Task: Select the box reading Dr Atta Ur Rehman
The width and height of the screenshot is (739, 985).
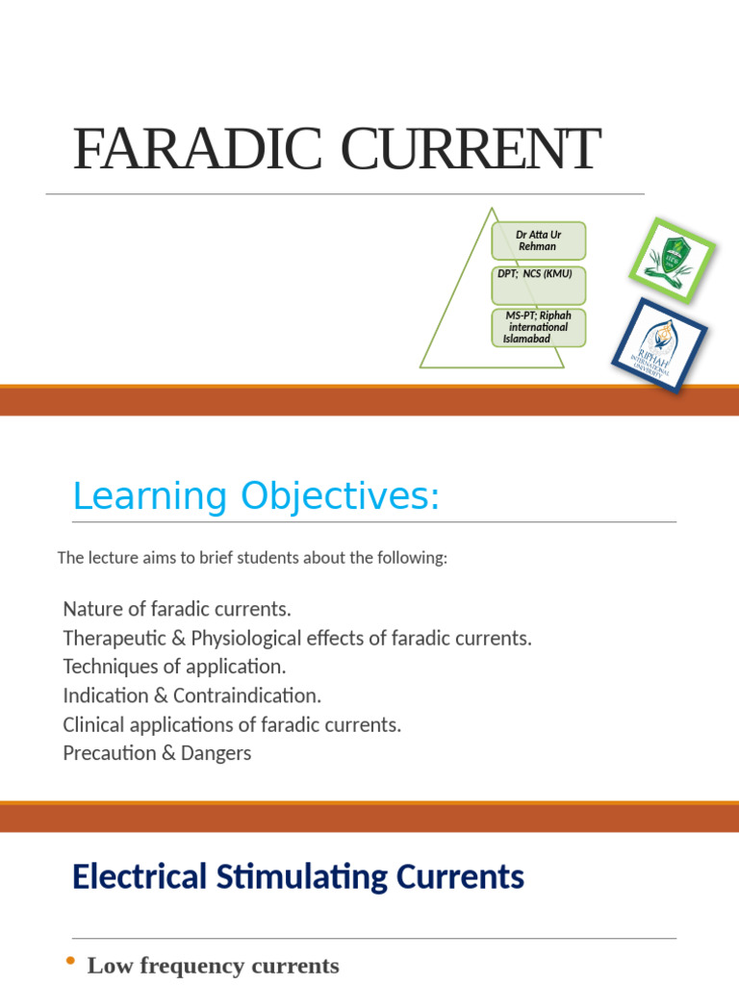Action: pos(538,240)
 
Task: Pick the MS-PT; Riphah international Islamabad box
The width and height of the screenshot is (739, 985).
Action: pos(538,327)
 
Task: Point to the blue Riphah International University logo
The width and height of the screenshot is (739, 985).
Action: pos(659,344)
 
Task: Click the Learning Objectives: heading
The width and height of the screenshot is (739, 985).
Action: pos(256,496)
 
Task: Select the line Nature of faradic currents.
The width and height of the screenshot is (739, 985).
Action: pos(177,609)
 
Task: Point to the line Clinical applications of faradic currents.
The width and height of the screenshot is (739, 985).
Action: pos(232,723)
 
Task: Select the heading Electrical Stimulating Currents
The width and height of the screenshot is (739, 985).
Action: pos(298,877)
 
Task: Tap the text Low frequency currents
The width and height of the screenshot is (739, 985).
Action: pos(213,966)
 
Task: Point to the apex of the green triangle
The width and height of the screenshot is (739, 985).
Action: pos(492,210)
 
